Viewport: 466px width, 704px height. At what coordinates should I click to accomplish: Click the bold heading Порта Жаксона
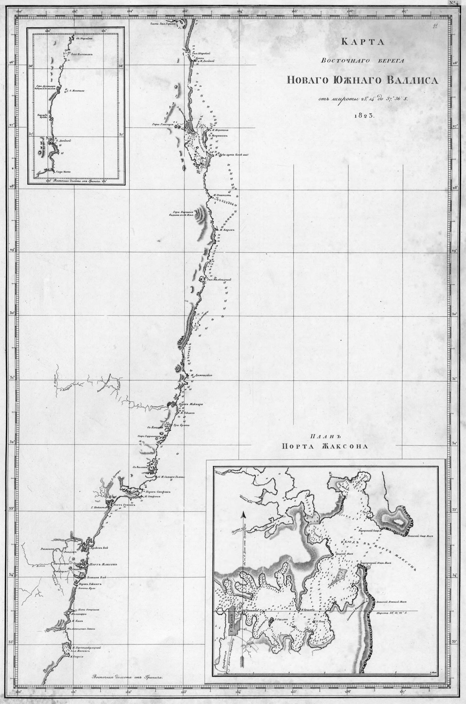coord(325,446)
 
